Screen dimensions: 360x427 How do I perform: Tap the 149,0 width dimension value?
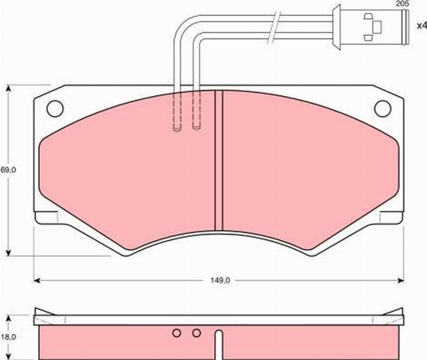tap(219, 280)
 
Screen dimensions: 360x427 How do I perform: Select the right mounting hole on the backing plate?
tap(382, 108)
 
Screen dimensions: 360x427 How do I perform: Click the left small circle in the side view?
tap(176, 332)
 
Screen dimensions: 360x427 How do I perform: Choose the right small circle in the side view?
tap(196, 332)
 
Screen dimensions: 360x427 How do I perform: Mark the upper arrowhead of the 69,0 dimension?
tap(9, 89)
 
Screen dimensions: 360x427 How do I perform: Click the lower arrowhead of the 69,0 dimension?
tap(9, 252)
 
